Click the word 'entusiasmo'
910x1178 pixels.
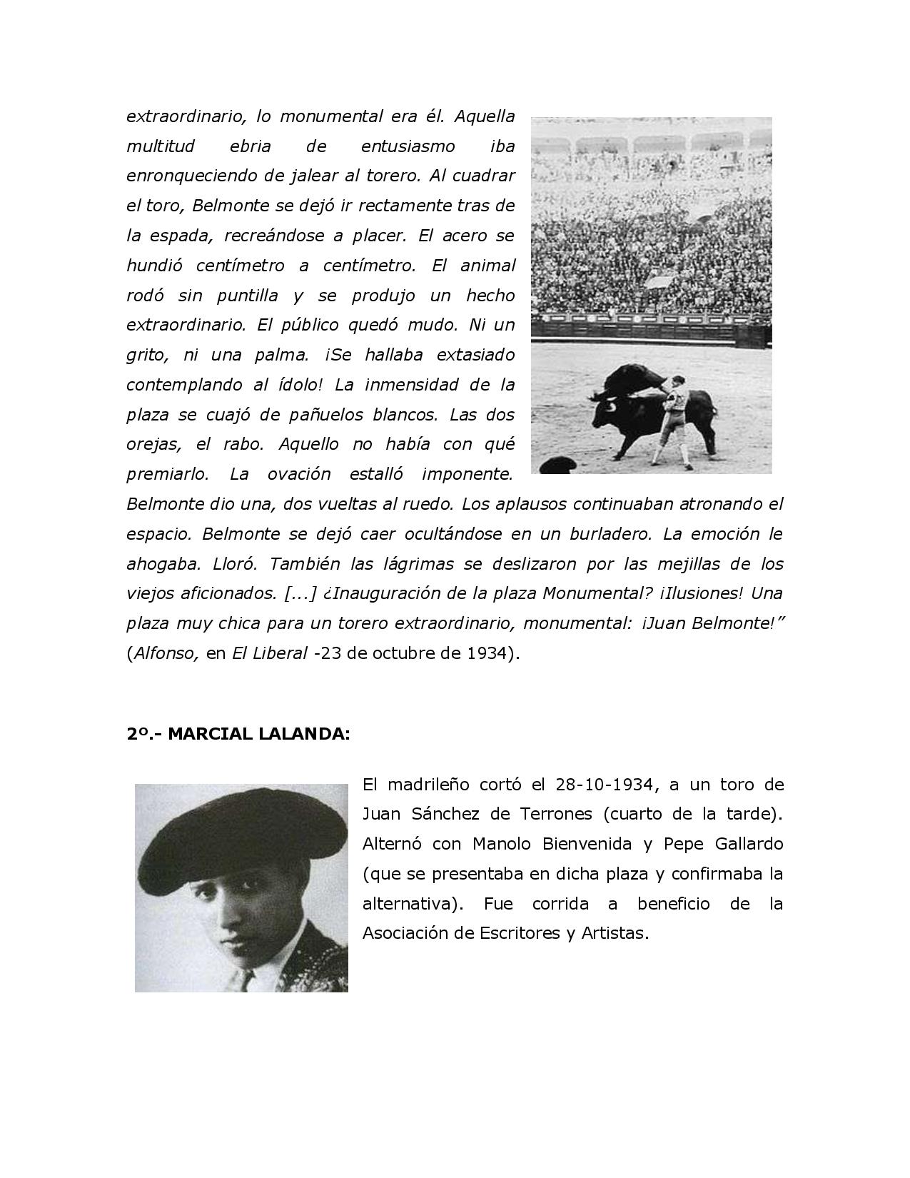pos(408,146)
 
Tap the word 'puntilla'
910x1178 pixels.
pos(247,296)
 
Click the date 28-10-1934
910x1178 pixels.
pos(603,785)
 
